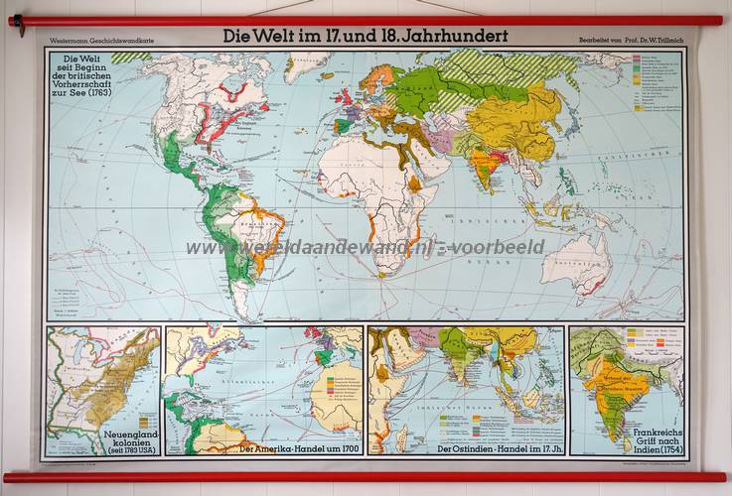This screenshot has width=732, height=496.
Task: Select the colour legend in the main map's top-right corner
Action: pyautogui.click(x=652, y=79)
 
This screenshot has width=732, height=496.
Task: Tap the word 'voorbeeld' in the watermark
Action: pyautogui.click(x=503, y=247)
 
